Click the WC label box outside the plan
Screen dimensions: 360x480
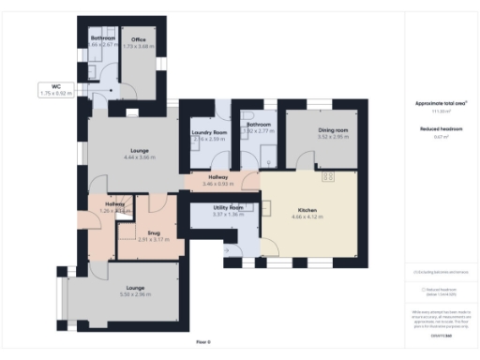click(x=56, y=91)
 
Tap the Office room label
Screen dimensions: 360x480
click(x=139, y=39)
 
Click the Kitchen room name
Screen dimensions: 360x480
click(x=307, y=210)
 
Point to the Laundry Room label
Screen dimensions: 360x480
click(x=210, y=133)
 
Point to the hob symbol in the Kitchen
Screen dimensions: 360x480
click(x=328, y=176)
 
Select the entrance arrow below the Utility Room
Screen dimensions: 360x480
click(x=225, y=250)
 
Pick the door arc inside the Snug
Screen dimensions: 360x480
click(x=156, y=204)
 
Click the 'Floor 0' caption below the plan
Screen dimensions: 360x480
click(x=203, y=342)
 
